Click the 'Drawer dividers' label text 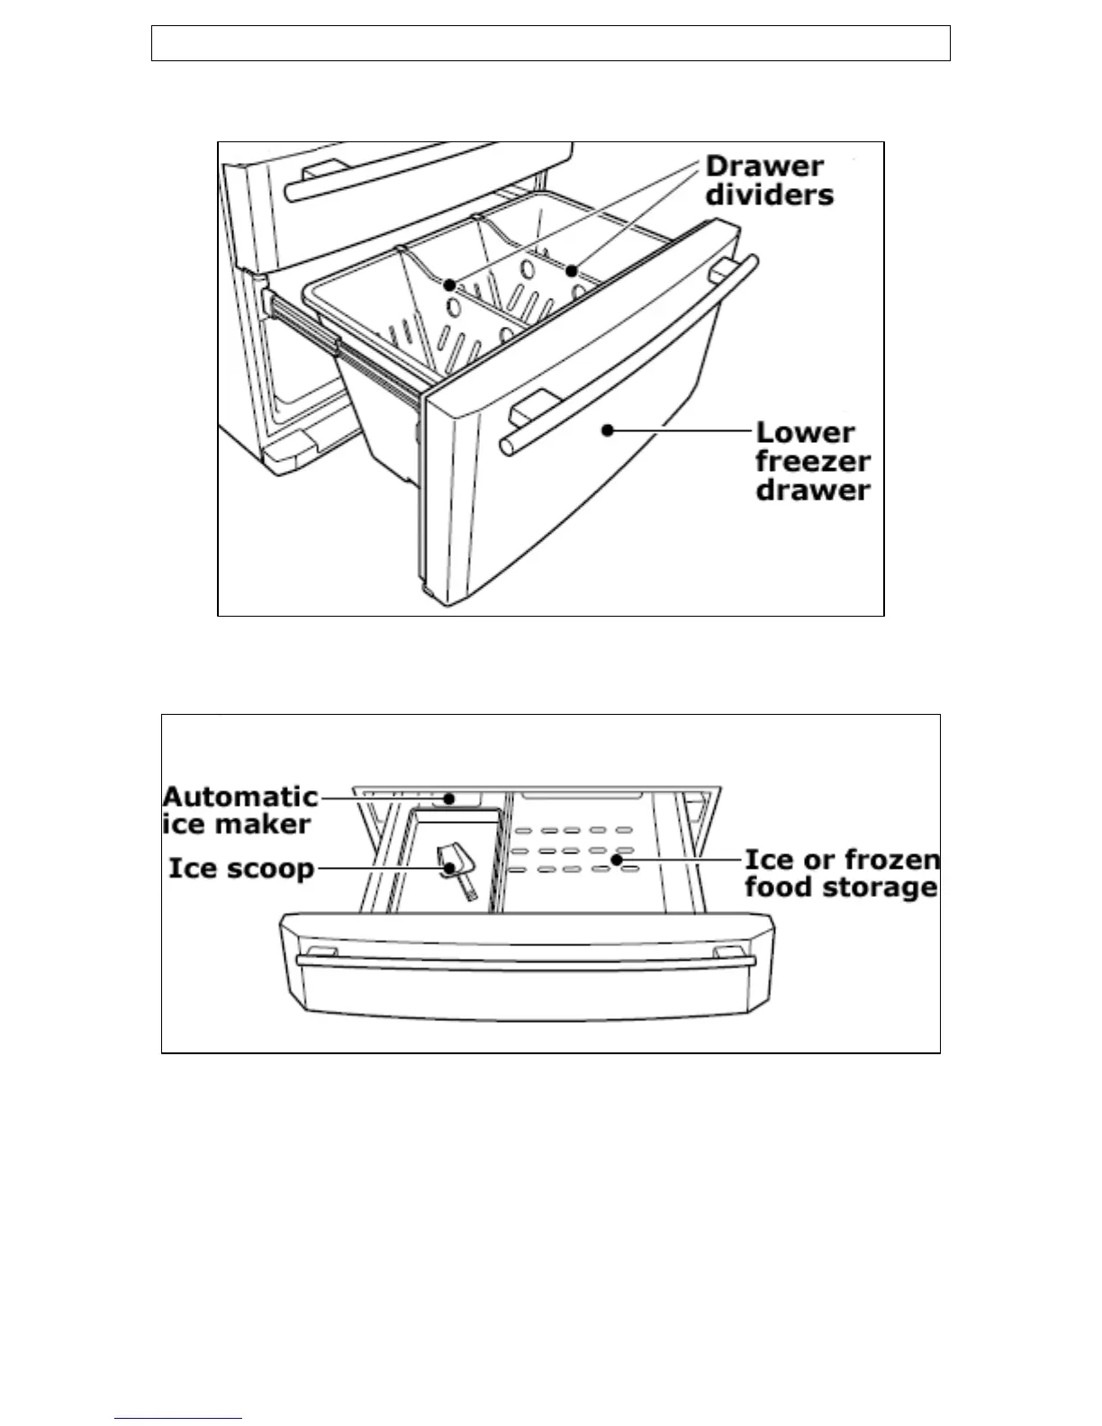[x=769, y=180]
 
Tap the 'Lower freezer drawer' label [x=812, y=461]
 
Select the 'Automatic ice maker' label [x=239, y=810]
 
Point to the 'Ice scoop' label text [x=241, y=869]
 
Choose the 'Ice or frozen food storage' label [x=842, y=873]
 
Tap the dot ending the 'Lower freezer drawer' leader [x=608, y=430]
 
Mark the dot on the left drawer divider [x=449, y=284]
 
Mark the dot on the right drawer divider [x=571, y=270]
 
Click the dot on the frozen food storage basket [x=617, y=860]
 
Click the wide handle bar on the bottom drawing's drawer [x=525, y=962]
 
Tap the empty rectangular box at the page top [x=550, y=43]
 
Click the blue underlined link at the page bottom [x=178, y=1418]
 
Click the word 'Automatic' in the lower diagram [x=239, y=797]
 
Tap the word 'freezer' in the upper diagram [x=812, y=461]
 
